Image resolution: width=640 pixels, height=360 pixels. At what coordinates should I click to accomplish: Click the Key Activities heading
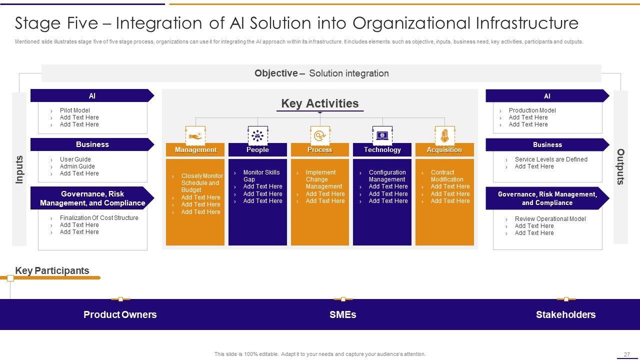[320, 103]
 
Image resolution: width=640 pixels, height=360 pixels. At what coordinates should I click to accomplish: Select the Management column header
[195, 150]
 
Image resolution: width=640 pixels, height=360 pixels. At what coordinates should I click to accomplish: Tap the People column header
[257, 150]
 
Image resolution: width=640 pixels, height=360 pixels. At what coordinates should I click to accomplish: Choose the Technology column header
[382, 150]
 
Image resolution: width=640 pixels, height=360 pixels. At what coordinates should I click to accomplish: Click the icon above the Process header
[320, 135]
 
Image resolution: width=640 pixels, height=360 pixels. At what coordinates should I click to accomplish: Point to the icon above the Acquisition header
[444, 135]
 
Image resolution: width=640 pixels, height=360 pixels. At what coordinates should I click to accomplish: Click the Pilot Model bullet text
[75, 110]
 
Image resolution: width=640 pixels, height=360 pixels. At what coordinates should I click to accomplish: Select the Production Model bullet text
[532, 110]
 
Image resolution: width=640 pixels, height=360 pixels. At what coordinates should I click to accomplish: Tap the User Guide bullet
[75, 159]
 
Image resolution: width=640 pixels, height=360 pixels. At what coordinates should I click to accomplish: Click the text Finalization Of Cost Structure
[99, 218]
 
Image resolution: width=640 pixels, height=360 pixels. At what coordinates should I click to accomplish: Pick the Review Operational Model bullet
[550, 219]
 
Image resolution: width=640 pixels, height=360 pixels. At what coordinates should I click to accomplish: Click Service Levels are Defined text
[551, 159]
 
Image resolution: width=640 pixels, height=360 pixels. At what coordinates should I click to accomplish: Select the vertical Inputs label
[19, 169]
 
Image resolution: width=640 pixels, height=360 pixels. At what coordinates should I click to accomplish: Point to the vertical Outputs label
[620, 167]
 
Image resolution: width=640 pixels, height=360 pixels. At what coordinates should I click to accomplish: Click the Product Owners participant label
[120, 315]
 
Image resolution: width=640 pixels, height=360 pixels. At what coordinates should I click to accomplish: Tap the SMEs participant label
[343, 315]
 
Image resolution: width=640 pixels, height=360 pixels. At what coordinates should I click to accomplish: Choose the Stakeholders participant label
[565, 315]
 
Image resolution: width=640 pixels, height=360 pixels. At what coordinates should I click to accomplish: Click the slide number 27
[626, 354]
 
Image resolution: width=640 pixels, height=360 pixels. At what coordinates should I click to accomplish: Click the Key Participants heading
[52, 271]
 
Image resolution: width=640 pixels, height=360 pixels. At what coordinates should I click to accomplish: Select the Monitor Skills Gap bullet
[261, 176]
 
